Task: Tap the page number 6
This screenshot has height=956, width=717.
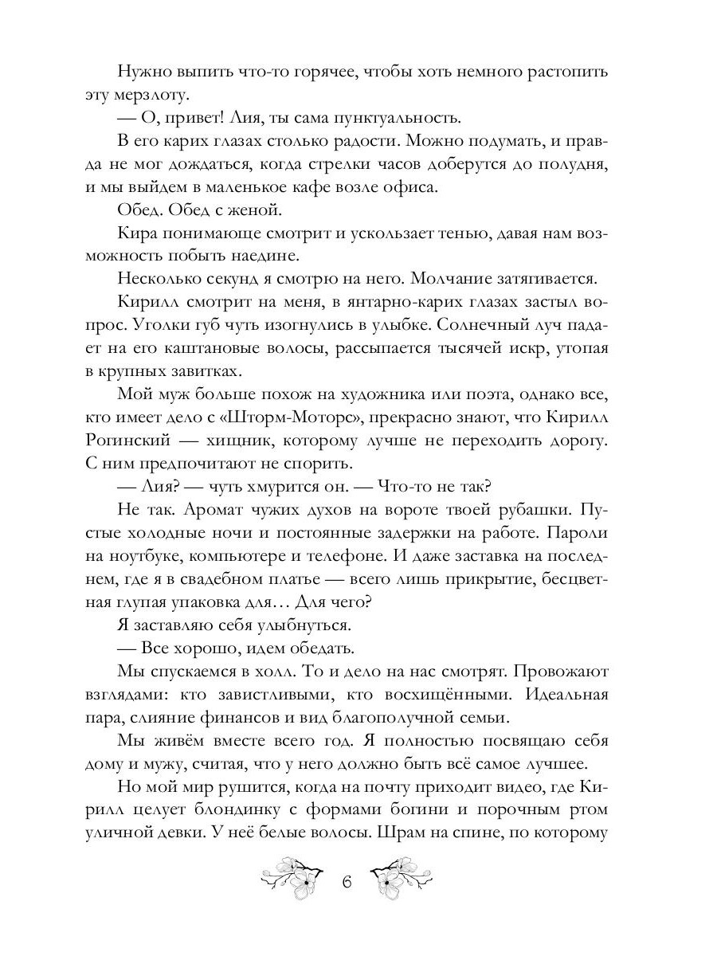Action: pyautogui.click(x=347, y=884)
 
